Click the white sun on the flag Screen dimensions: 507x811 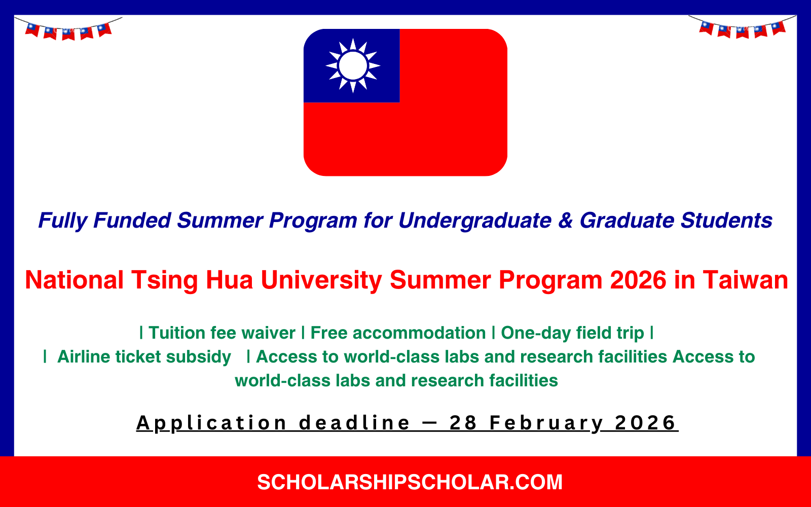coord(353,65)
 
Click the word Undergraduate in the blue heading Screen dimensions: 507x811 coord(474,221)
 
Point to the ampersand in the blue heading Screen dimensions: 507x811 coord(565,221)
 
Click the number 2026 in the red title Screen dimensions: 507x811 coord(638,280)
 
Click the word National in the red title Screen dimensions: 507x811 coord(74,280)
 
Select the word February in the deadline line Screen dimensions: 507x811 coord(546,423)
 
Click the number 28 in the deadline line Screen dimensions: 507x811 coord(463,423)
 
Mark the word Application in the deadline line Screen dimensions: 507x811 coord(212,423)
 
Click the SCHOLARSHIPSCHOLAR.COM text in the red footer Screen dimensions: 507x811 coord(410,482)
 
